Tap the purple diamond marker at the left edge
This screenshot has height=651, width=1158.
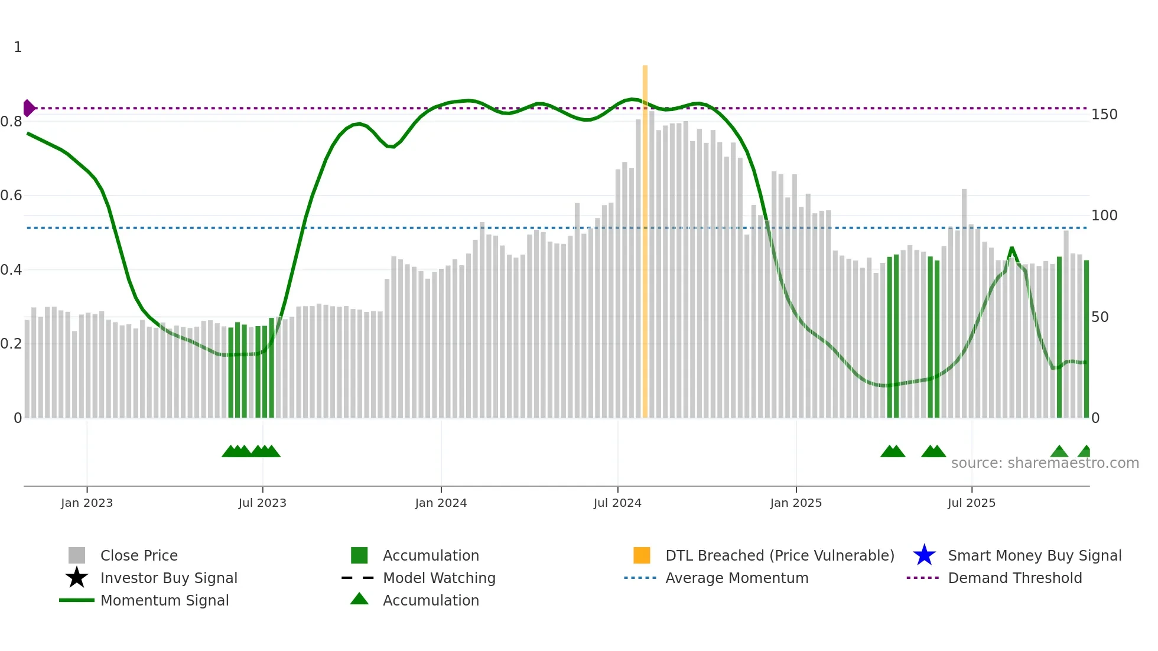tap(28, 108)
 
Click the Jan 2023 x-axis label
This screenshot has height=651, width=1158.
tap(87, 503)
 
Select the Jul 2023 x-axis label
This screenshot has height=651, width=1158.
tap(262, 503)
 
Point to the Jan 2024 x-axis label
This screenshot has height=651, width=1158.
tap(441, 503)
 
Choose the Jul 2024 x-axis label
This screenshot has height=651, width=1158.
tap(617, 503)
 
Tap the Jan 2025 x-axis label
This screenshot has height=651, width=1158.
tap(796, 503)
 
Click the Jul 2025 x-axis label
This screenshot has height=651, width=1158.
tap(971, 503)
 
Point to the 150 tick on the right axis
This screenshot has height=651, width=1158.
tap(1104, 115)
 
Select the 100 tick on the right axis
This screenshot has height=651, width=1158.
tap(1104, 216)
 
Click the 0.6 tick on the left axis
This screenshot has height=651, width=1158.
tap(11, 196)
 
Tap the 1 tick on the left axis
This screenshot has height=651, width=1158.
tap(18, 47)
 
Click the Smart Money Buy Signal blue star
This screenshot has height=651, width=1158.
tap(924, 555)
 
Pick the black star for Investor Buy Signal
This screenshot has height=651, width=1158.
tap(77, 578)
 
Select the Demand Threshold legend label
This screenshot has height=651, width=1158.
tap(1014, 578)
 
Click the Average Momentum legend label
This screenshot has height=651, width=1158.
tap(737, 578)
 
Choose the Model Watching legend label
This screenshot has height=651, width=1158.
tap(439, 578)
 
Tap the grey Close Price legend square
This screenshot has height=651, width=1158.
tap(77, 555)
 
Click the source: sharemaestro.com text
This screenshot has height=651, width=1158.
tap(1045, 463)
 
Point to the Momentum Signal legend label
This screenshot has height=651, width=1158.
tap(164, 600)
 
